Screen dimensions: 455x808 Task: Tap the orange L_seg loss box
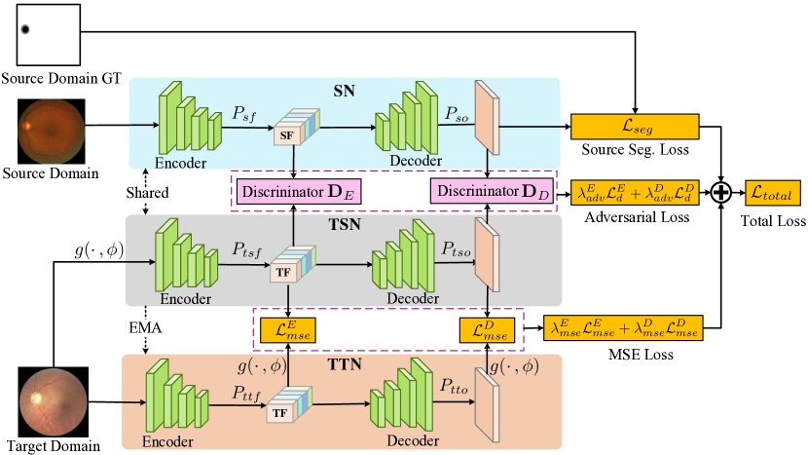point(635,126)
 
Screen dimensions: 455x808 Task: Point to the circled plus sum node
point(721,192)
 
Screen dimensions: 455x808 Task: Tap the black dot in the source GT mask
point(25,28)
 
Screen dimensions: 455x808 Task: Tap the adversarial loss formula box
point(634,192)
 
